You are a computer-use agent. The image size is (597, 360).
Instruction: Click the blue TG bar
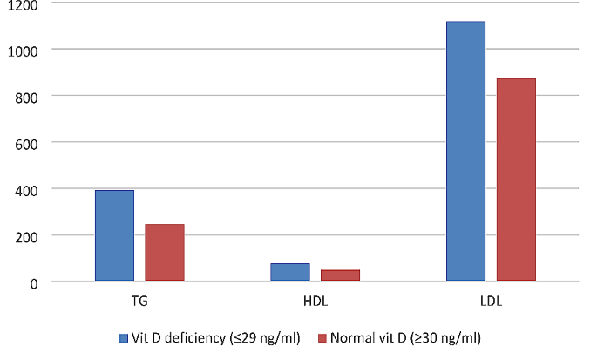pyautogui.click(x=114, y=235)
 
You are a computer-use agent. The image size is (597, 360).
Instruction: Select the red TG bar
pyautogui.click(x=165, y=253)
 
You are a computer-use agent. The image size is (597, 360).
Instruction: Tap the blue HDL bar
pyautogui.click(x=290, y=272)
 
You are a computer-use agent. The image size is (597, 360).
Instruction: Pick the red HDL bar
pyautogui.click(x=340, y=275)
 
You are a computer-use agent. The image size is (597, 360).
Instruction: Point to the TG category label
pyautogui.click(x=139, y=302)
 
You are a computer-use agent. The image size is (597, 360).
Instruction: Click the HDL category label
pyautogui.click(x=315, y=302)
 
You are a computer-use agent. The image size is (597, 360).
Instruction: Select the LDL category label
pyautogui.click(x=491, y=302)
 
